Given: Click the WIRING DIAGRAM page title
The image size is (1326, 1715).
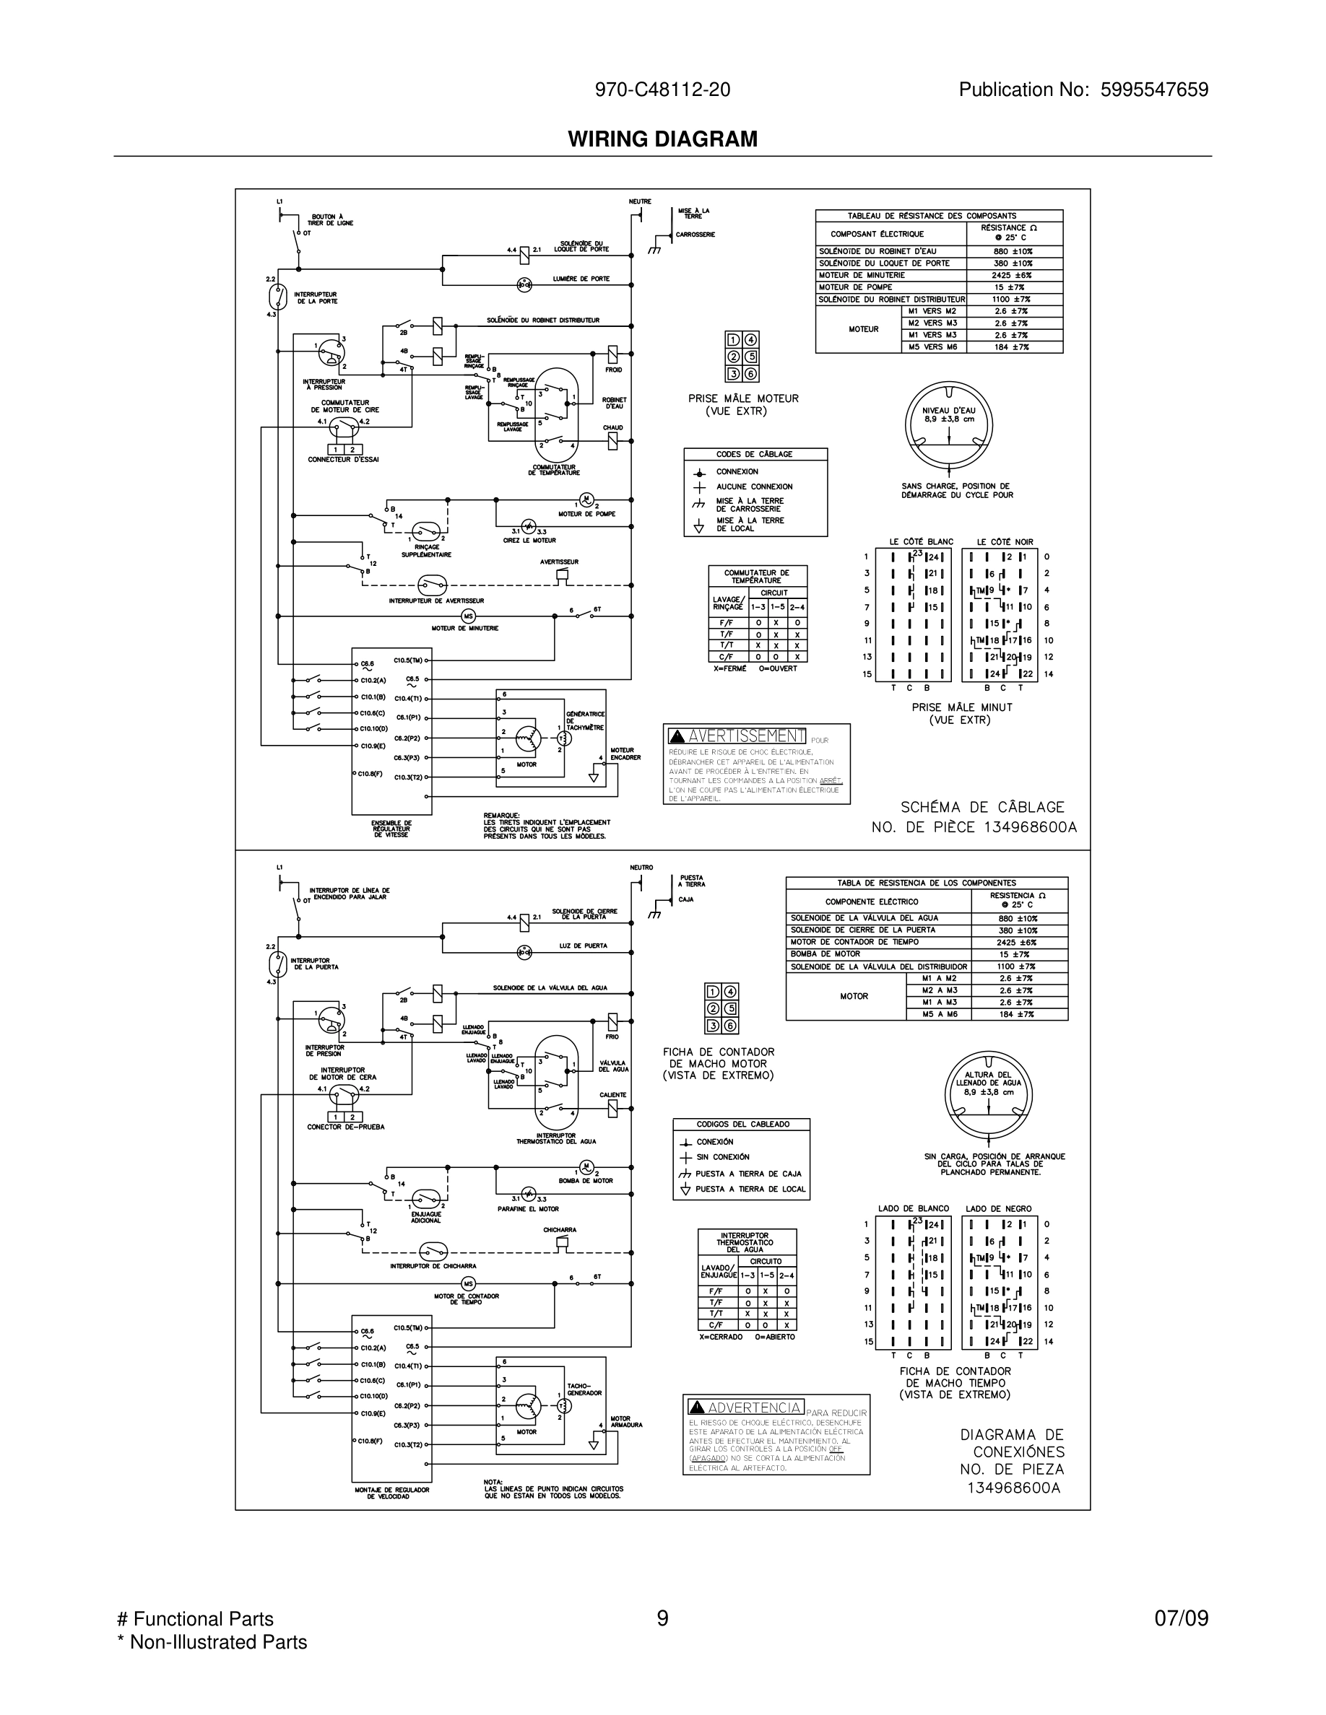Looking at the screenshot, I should click(662, 139).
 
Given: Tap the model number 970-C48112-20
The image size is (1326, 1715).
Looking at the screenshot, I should click(662, 90).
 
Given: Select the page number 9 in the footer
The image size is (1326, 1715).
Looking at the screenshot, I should click(662, 1618).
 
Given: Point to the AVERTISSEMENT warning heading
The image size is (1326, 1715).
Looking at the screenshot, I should click(745, 736).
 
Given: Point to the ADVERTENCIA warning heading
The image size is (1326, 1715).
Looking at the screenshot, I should click(755, 1408).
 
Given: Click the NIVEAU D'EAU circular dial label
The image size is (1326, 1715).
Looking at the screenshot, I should click(949, 414).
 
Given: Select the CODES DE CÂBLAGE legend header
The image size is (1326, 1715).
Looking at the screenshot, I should click(754, 454).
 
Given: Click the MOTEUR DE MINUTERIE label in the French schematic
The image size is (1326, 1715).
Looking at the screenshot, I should click(465, 628).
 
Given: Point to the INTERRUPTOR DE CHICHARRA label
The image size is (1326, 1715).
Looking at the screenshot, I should click(433, 1266).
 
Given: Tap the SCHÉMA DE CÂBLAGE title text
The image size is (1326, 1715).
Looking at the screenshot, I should click(982, 807).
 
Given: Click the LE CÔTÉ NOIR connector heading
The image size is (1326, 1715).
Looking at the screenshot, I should click(1005, 542).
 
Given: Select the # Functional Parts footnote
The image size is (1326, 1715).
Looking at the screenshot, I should click(195, 1618).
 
